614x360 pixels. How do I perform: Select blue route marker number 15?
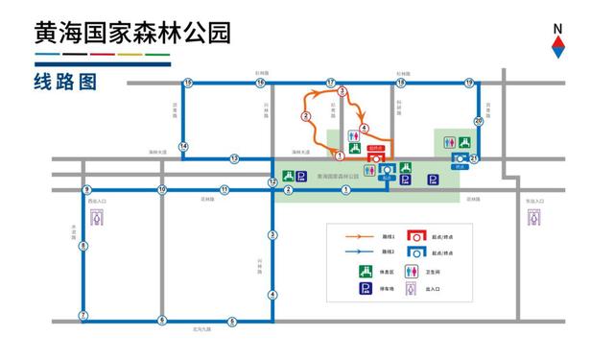[x=188, y=83]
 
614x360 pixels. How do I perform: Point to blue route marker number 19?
[x=468, y=83]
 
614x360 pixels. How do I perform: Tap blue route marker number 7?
[x=83, y=316]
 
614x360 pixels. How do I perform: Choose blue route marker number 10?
[x=162, y=190]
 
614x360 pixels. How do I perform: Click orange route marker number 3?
[x=342, y=91]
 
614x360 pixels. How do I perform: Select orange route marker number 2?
[x=305, y=116]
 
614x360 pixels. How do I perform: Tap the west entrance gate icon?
[x=103, y=218]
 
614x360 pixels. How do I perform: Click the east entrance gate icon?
[x=532, y=218]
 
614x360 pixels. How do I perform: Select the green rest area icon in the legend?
[x=366, y=271]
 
